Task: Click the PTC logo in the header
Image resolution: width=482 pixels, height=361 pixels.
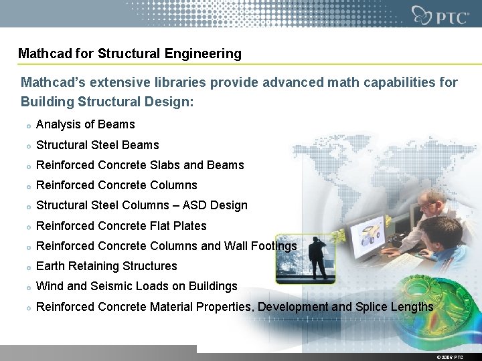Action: [440, 15]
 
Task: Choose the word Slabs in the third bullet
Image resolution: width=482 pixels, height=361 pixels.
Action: [163, 165]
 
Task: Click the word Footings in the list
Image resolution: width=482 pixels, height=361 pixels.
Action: [273, 246]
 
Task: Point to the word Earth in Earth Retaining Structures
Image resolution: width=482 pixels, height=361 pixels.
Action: [50, 266]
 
